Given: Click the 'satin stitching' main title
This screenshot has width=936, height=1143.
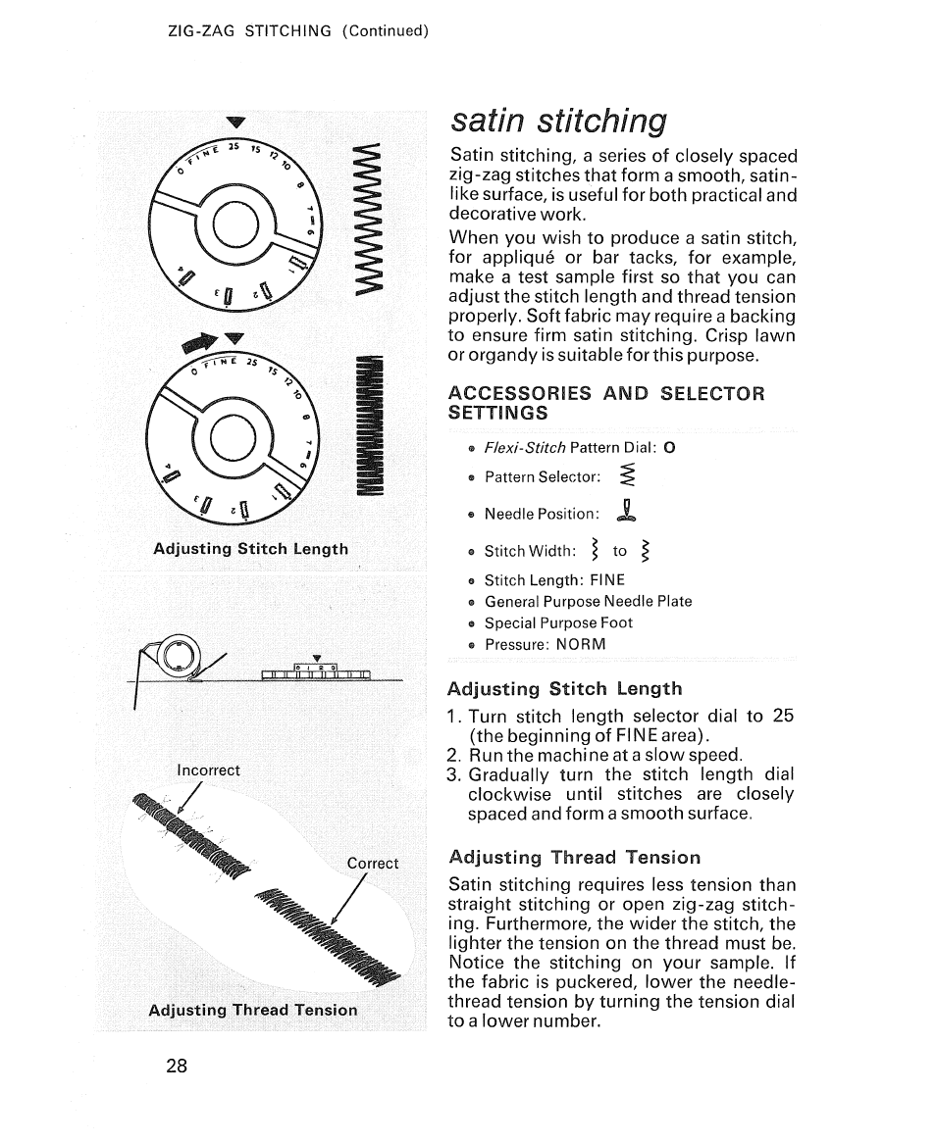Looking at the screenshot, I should [558, 121].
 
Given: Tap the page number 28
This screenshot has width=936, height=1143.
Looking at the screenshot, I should [176, 1067].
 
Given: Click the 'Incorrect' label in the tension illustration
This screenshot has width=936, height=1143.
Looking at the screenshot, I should [208, 770].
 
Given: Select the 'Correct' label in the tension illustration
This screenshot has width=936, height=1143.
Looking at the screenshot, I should [373, 864].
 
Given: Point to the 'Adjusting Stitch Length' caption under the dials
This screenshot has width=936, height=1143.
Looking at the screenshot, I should [250, 549].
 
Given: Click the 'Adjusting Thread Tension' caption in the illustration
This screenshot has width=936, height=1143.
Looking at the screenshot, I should [252, 1010].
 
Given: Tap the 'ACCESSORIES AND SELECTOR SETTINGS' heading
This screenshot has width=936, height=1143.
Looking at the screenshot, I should [605, 402].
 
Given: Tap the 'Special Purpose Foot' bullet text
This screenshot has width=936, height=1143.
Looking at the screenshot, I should [558, 622].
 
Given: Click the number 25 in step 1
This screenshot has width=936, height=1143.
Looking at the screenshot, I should [782, 716].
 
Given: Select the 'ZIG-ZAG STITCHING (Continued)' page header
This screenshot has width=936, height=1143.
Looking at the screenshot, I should [299, 30].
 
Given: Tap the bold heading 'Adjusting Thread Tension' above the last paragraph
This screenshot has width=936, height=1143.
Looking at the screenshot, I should [574, 858].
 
